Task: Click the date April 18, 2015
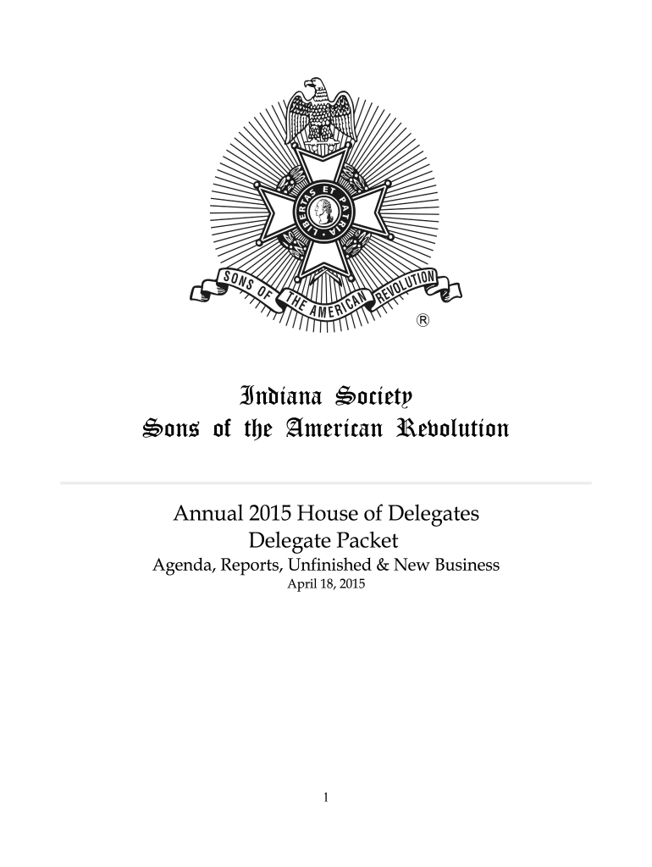pos(326,585)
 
